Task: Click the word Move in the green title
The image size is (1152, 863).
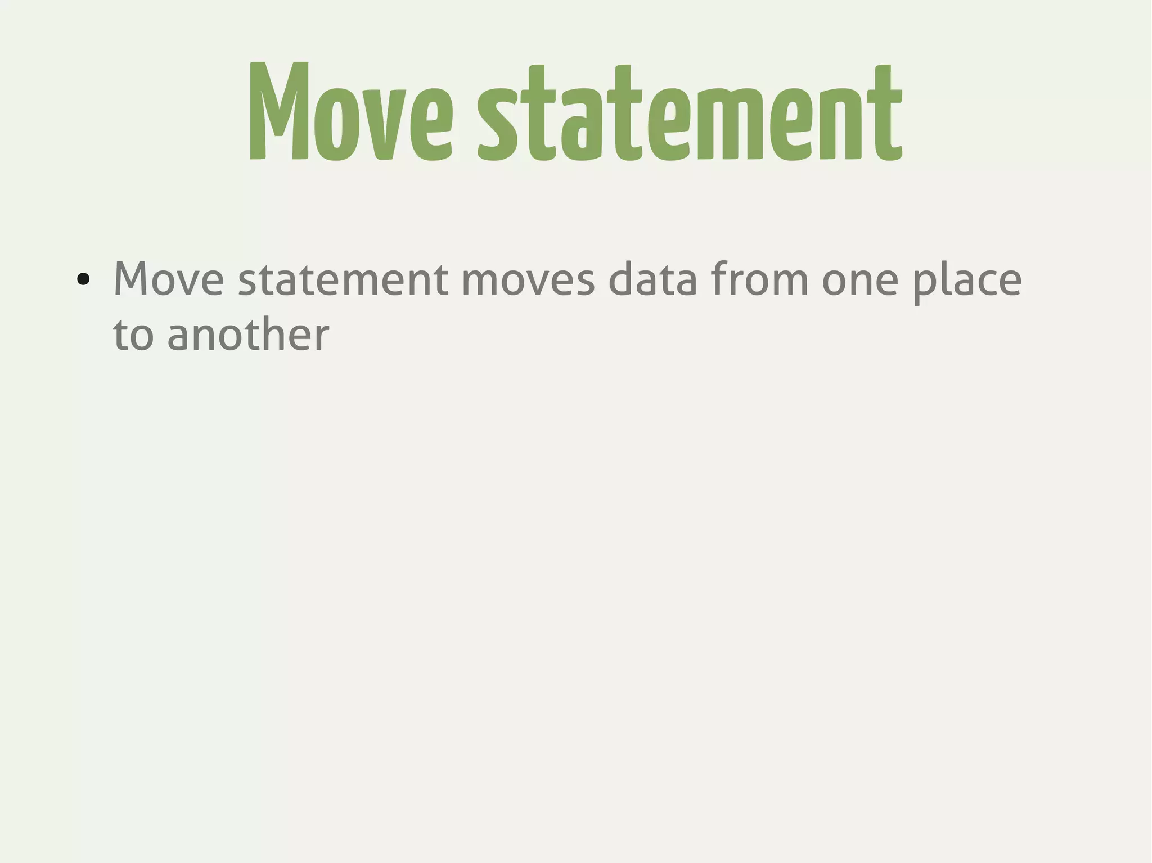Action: (350, 111)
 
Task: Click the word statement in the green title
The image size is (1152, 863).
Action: (690, 112)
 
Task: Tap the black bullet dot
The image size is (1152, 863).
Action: (83, 279)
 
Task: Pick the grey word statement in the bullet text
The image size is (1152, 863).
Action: (343, 279)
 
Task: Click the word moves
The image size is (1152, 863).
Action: (528, 280)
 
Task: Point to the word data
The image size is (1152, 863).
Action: (652, 279)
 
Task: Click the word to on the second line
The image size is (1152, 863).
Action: (133, 335)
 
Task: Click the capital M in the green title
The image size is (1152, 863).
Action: (279, 111)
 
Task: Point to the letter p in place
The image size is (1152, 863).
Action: (922, 283)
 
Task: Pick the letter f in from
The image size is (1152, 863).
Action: (719, 278)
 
